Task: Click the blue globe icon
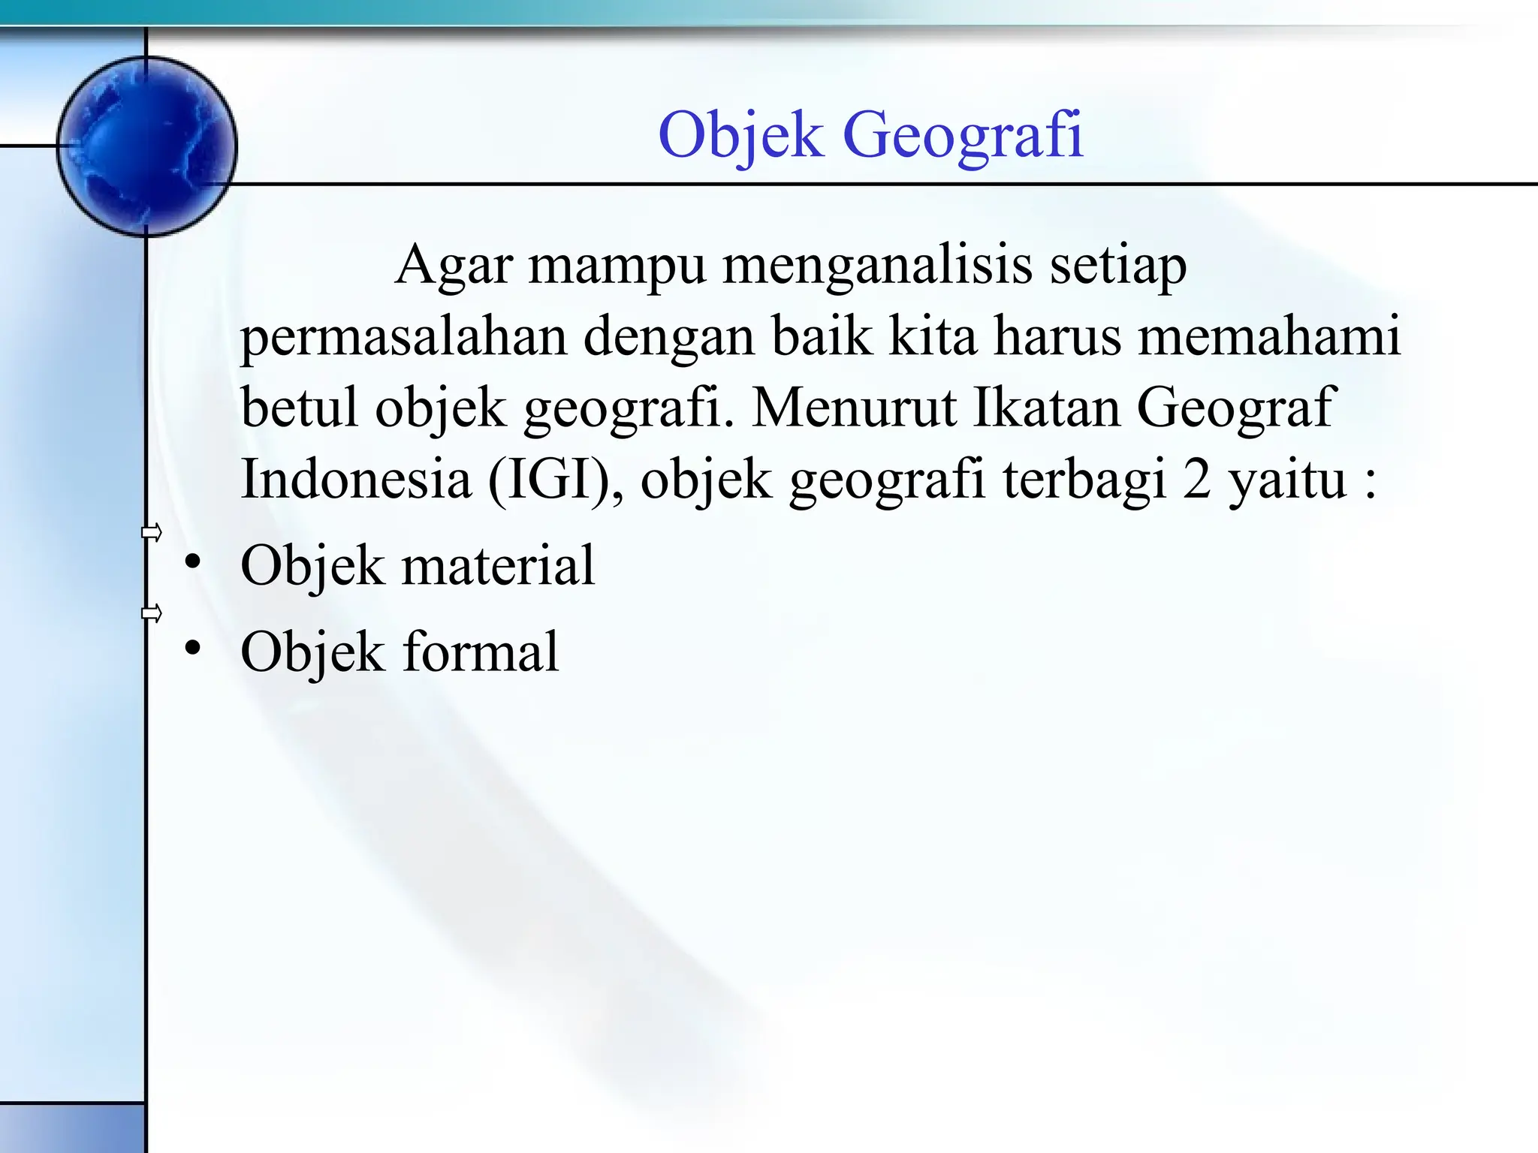(x=147, y=146)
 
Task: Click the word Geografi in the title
(x=964, y=135)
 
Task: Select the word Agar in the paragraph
(x=453, y=265)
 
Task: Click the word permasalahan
(x=403, y=337)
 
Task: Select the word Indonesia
(x=355, y=478)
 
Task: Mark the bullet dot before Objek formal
(x=193, y=648)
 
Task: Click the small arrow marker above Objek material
(x=152, y=533)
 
